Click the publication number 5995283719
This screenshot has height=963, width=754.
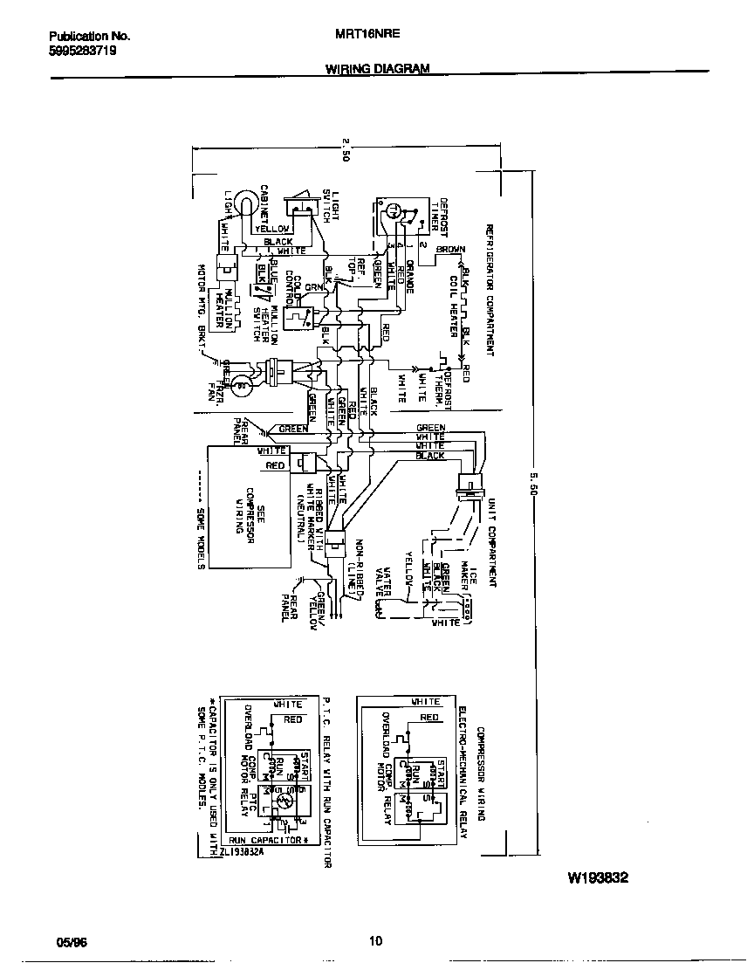click(83, 52)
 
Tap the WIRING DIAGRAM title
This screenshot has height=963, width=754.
click(377, 68)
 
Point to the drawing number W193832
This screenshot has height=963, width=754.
click(599, 878)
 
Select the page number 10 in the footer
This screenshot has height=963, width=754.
click(375, 941)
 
